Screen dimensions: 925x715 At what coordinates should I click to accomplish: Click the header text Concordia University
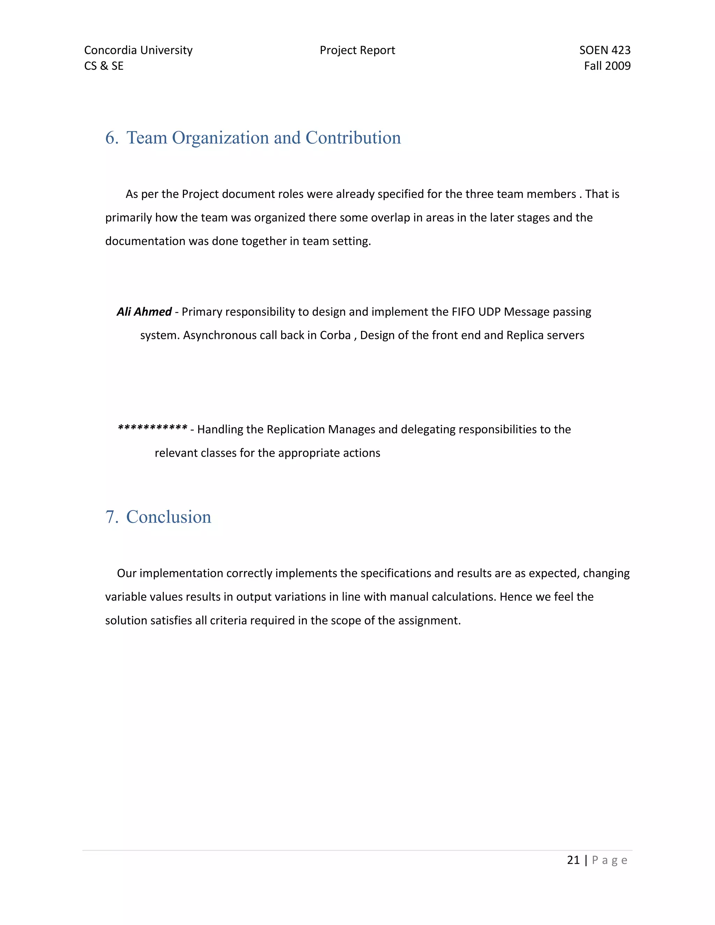(x=138, y=50)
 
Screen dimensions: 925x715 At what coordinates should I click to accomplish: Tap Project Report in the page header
(x=357, y=50)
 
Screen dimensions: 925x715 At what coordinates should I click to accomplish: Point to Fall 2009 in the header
(x=607, y=66)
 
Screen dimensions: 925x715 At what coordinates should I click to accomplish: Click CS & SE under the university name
(x=104, y=66)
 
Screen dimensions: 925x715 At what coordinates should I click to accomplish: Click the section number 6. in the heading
(x=112, y=138)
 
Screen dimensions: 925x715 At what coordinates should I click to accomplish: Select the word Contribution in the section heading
(x=353, y=138)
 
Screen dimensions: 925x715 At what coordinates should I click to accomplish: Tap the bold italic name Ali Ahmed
(x=144, y=312)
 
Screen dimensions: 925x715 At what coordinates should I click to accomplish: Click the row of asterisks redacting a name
(x=153, y=428)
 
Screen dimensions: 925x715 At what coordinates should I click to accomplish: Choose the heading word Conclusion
(x=169, y=517)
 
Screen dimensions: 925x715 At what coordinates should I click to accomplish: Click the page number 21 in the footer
(x=573, y=860)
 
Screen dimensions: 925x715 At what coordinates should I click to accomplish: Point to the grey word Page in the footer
(x=610, y=860)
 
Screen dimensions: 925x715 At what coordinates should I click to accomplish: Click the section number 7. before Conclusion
(x=112, y=517)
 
